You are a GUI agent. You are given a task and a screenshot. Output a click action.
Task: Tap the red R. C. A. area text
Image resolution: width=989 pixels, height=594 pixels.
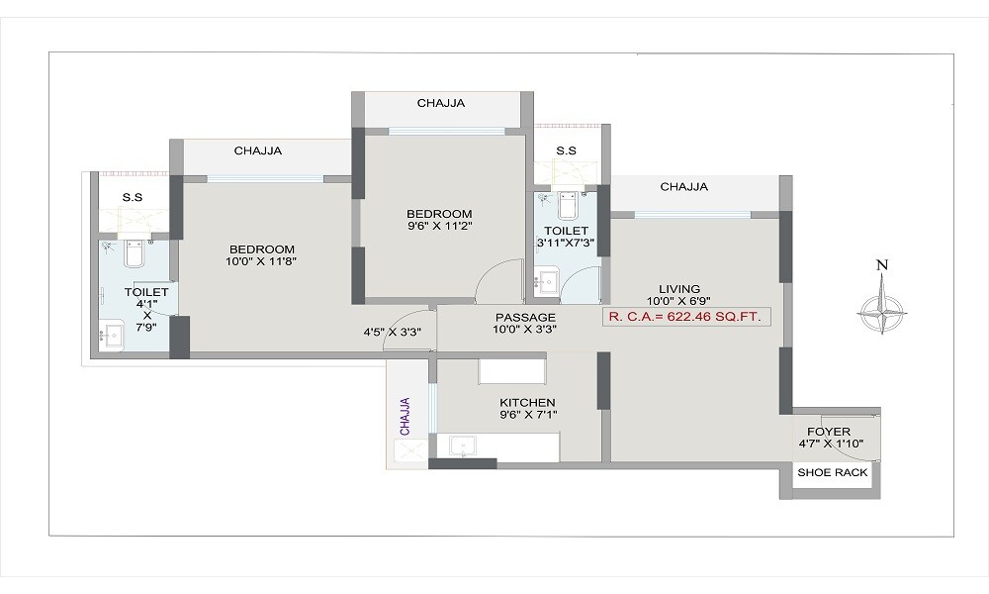coord(686,318)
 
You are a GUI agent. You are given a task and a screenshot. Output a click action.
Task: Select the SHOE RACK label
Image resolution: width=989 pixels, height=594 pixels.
coord(833,473)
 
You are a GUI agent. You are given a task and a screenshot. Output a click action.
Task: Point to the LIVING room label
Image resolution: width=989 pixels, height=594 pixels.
coord(679,288)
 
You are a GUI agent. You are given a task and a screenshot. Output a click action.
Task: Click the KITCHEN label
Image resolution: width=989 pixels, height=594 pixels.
coord(527,403)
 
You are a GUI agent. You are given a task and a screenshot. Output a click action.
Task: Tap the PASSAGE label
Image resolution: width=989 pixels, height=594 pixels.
coord(519,318)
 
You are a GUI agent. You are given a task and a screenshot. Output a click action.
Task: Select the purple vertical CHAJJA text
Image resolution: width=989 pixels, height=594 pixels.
coord(405,416)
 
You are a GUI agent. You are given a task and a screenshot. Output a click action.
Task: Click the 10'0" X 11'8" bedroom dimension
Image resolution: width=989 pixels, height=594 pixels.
coord(261,262)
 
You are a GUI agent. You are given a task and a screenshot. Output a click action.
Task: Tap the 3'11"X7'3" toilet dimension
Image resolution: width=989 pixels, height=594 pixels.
coord(565,243)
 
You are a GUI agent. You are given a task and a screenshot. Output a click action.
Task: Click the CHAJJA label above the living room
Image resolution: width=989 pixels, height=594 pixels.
coord(683,186)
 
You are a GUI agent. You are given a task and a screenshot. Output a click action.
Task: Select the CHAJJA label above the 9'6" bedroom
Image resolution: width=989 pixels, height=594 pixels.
coord(440,103)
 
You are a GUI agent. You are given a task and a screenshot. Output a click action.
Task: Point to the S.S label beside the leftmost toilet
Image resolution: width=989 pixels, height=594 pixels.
coord(133,197)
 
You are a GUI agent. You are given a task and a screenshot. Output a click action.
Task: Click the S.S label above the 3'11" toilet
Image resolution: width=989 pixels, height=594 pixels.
coord(566,150)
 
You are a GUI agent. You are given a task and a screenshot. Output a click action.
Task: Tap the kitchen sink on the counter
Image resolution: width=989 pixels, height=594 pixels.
coord(464,446)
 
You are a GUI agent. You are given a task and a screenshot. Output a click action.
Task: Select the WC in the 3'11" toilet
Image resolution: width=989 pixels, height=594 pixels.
coord(567,206)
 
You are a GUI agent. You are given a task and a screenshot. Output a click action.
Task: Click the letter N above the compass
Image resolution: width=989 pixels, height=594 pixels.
coord(882,265)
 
